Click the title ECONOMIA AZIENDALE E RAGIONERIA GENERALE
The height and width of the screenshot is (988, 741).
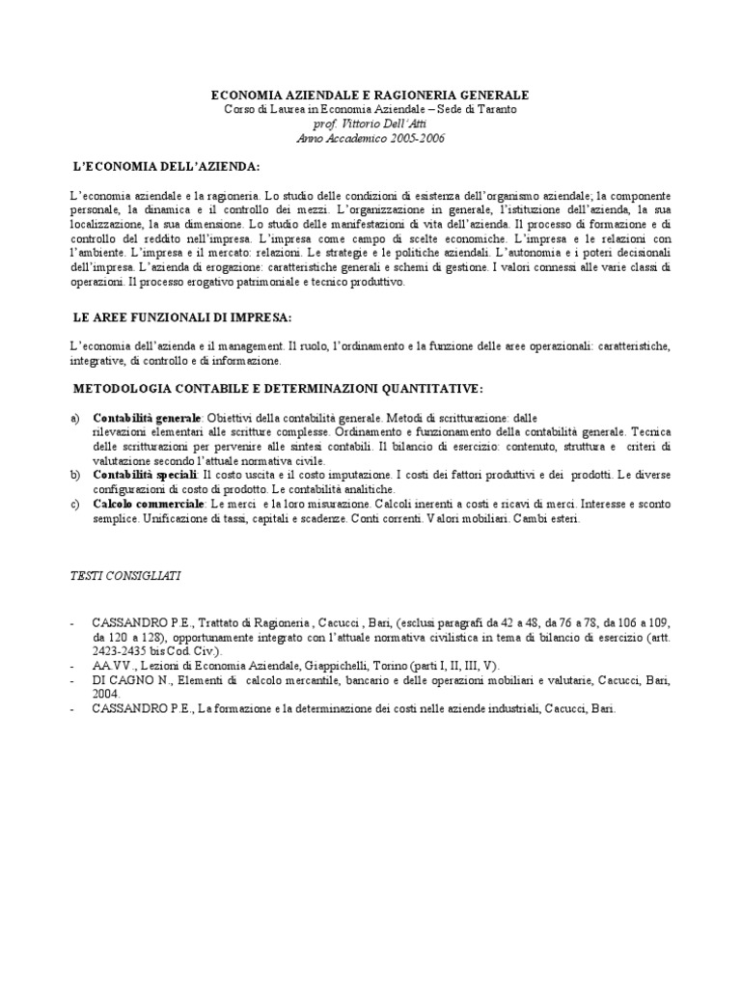point(370,96)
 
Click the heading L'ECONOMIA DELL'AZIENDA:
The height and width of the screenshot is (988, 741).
point(167,167)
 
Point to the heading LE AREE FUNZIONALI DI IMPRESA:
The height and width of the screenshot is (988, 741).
point(182,316)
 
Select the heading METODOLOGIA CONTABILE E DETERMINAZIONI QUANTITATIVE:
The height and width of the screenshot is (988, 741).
point(278,388)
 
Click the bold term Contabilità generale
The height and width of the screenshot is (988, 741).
point(147,418)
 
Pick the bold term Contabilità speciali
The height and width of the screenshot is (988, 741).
point(145,476)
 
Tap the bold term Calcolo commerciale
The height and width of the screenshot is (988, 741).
point(148,505)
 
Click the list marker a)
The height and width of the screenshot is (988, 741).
point(75,418)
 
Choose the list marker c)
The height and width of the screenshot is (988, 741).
point(75,505)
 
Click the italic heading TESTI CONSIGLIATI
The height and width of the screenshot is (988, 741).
point(126,575)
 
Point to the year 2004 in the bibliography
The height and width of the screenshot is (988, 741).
point(107,694)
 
